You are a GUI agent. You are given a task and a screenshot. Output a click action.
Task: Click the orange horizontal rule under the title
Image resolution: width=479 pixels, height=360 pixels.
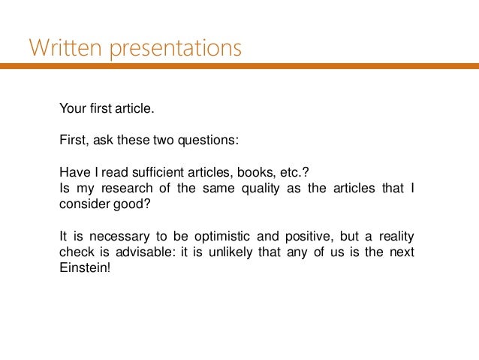pyautogui.click(x=239, y=66)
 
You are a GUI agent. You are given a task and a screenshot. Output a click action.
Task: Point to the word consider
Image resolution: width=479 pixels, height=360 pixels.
pyautogui.click(x=82, y=203)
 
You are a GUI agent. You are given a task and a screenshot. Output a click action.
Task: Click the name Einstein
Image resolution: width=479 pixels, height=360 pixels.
pyautogui.click(x=84, y=267)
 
